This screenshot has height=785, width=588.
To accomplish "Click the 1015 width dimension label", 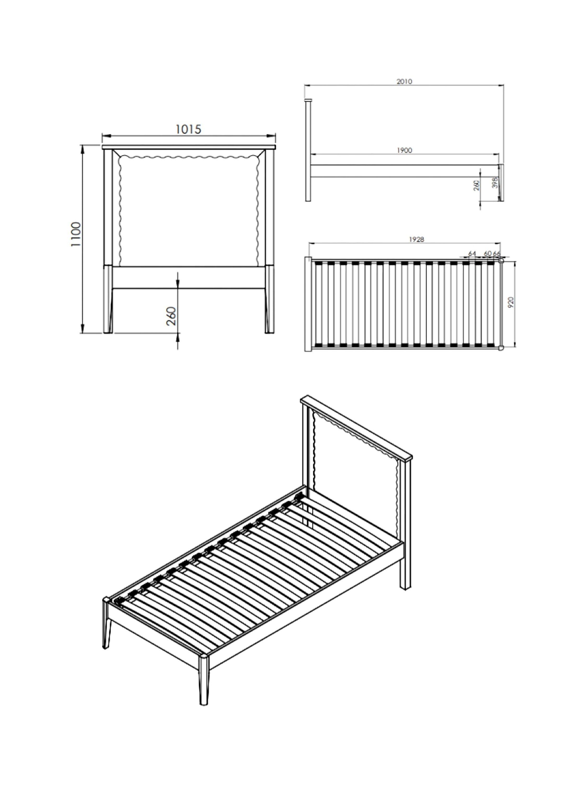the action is point(188,130).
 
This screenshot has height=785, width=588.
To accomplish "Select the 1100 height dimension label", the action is point(76,234).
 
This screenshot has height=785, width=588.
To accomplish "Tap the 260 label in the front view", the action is point(171,316).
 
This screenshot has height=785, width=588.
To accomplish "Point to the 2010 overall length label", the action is point(404,82).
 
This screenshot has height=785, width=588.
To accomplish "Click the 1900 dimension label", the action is point(404,150).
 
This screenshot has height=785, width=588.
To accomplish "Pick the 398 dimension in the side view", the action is point(495,182).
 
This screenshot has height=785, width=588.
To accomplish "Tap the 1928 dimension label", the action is point(417,239).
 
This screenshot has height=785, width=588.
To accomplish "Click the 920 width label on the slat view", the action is point(511,302).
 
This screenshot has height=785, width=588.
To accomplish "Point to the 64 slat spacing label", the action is point(472,253).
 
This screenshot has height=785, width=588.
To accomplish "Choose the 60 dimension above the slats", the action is point(488,253).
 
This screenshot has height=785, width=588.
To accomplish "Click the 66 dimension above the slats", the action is point(496,253).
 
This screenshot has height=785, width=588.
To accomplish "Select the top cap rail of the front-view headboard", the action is point(189,147).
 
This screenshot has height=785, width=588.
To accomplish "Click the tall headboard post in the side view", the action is point(308,150).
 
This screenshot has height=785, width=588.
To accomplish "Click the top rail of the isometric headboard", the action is point(356,428).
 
